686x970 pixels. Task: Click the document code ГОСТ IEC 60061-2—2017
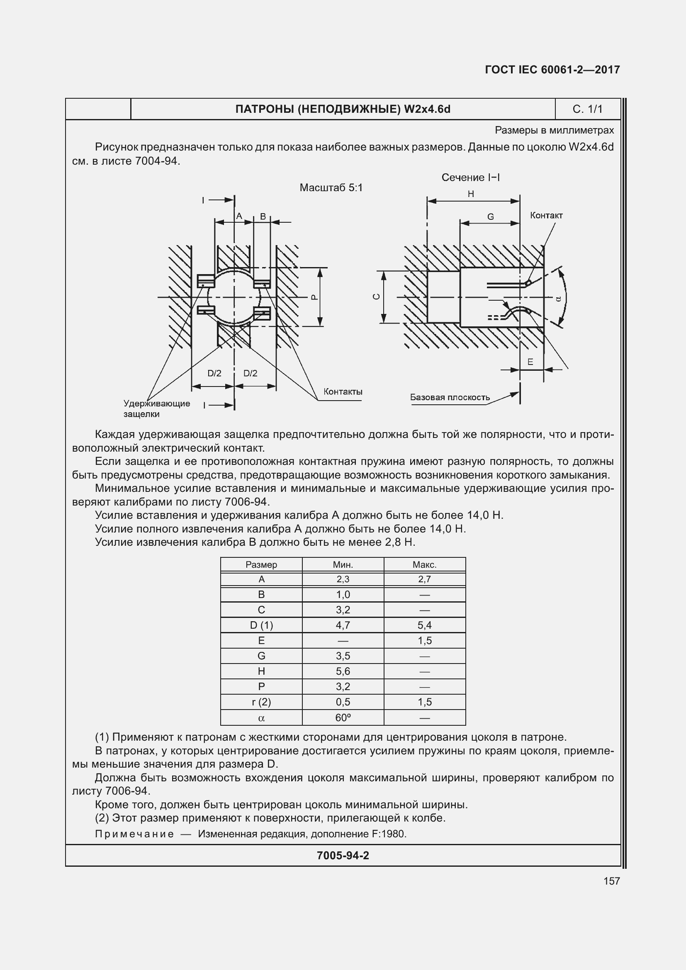point(552,70)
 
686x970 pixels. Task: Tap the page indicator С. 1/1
point(587,109)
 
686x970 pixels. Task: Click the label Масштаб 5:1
point(331,187)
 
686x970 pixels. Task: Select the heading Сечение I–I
point(470,177)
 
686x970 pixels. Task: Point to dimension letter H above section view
point(471,194)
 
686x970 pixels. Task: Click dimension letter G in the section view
point(490,217)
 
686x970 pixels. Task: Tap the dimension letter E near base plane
point(530,362)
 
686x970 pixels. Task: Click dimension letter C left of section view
point(377,297)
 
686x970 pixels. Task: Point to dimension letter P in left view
point(314,297)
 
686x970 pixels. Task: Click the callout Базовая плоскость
point(450,397)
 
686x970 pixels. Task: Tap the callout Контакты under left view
point(343,391)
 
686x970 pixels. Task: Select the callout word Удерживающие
point(157,404)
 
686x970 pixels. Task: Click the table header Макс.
point(424,564)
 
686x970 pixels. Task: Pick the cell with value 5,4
point(424,625)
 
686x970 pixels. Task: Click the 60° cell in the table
point(343,717)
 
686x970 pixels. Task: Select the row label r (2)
point(261,702)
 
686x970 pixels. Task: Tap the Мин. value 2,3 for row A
point(343,579)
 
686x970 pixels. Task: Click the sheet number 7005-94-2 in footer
point(343,856)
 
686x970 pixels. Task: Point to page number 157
point(611,881)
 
